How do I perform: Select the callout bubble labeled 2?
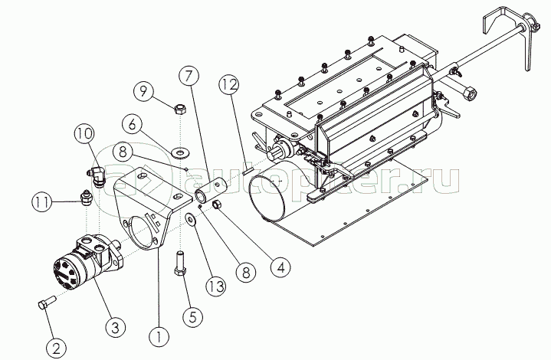coord(54,348)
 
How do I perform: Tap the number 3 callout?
coord(115,328)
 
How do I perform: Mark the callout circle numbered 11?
coord(43,203)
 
